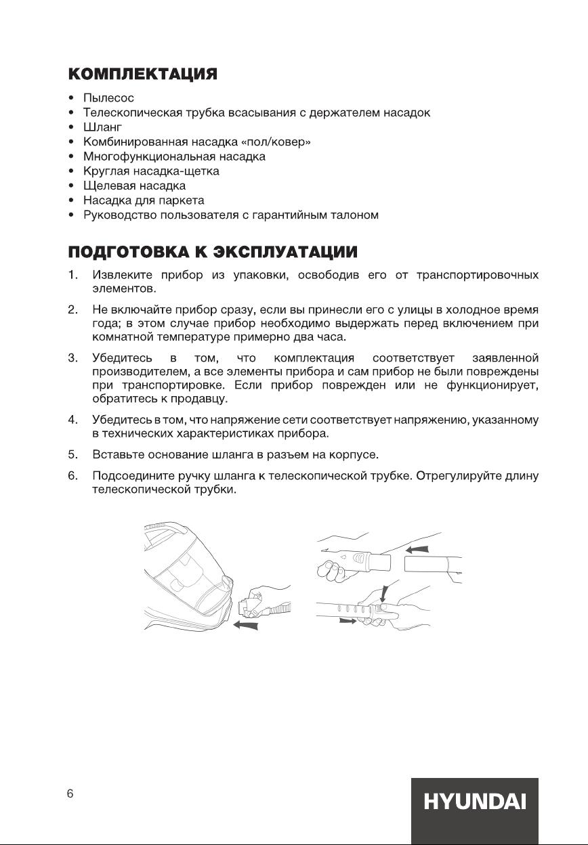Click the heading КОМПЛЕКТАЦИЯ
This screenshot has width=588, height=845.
[x=142, y=74]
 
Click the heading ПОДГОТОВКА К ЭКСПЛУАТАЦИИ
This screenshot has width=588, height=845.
[x=213, y=252]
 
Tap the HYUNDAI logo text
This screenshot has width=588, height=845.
[x=474, y=803]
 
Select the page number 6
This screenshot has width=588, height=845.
[x=70, y=794]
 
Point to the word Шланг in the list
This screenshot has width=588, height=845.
[x=102, y=127]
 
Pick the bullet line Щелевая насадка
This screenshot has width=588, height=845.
[x=134, y=186]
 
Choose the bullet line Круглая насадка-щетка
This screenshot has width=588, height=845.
[x=151, y=171]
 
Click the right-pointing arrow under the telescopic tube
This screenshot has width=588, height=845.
[x=347, y=620]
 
